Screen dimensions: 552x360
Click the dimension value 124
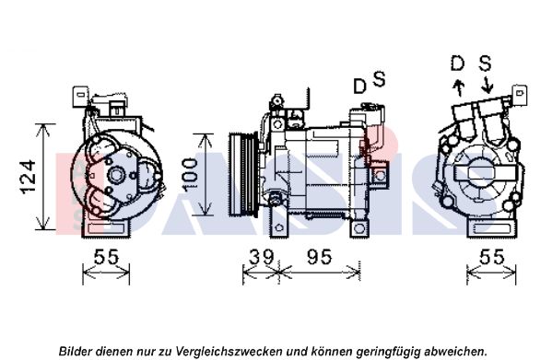tap(29, 177)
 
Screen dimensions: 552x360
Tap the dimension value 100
tap(190, 175)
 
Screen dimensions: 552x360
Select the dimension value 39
tap(261, 257)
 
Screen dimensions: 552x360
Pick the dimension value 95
tap(319, 257)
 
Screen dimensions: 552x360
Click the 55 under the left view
tap(106, 257)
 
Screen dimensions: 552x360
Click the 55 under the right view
tap(492, 257)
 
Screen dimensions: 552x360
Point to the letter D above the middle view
tap(359, 87)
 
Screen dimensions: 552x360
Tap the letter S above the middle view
tap(379, 79)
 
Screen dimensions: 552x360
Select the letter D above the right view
tap(458, 64)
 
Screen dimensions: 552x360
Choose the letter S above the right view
tap(485, 64)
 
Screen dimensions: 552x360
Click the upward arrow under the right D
tap(459, 87)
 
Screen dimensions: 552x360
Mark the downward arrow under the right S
tap(487, 85)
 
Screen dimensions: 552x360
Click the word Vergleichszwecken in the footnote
tap(229, 351)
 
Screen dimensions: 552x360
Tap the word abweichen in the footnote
tap(454, 351)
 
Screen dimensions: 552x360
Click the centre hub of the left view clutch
tap(116, 175)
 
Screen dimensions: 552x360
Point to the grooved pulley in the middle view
tap(243, 174)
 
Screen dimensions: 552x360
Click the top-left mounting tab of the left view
tap(80, 97)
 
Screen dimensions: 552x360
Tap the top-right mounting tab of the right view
tap(520, 95)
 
